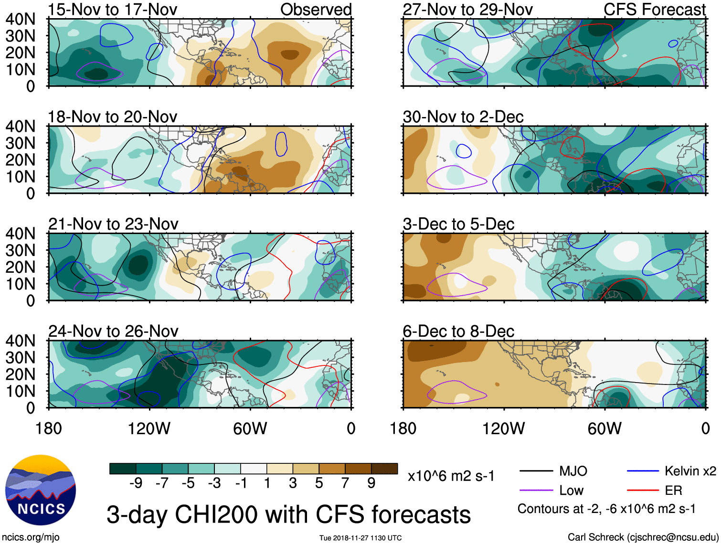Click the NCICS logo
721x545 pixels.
click(41, 490)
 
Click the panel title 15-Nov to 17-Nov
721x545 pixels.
click(113, 10)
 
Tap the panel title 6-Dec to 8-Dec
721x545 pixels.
click(458, 331)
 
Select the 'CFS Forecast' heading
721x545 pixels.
click(654, 10)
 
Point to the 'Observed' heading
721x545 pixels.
click(316, 10)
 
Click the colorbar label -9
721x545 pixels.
click(136, 483)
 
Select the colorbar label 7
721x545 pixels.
click(345, 483)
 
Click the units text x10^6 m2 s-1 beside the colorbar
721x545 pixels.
click(451, 476)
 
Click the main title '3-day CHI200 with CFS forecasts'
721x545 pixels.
click(288, 515)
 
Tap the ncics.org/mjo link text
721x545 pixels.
click(31, 537)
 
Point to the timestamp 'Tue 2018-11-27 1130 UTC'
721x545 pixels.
click(360, 538)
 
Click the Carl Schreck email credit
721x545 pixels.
click(643, 537)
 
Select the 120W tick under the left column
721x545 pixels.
click(149, 428)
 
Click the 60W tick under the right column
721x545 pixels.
click(604, 428)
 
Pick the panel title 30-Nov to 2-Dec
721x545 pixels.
click(463, 117)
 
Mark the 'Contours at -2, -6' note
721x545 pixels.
click(606, 509)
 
